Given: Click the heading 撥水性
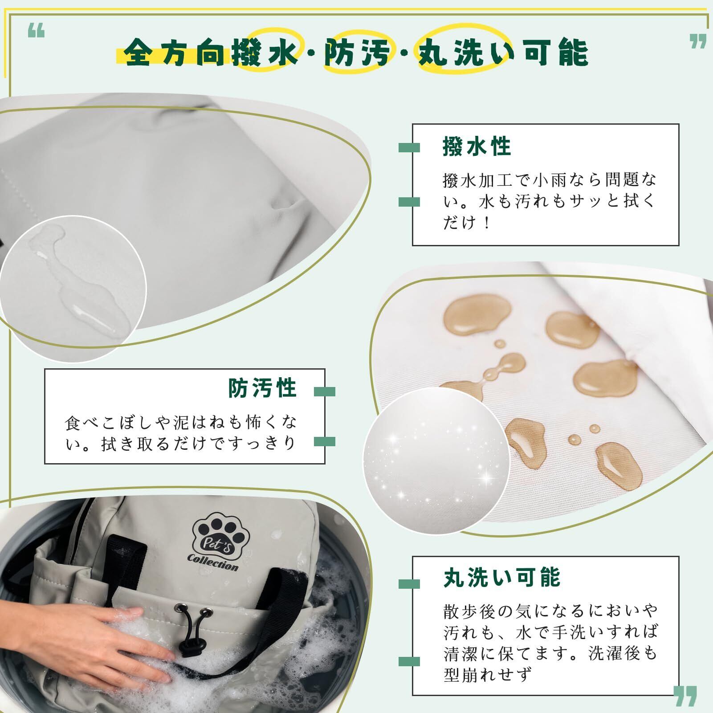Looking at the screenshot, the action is coord(476,147).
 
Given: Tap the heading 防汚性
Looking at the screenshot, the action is coord(262,388).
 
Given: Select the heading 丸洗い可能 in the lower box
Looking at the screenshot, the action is coord(501,577).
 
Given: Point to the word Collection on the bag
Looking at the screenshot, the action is coord(213,562).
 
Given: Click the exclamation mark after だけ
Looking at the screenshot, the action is coord(486,222).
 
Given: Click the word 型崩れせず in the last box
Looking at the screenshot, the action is coord(488,675).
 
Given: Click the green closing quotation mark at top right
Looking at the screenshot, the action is coord(698,41).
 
